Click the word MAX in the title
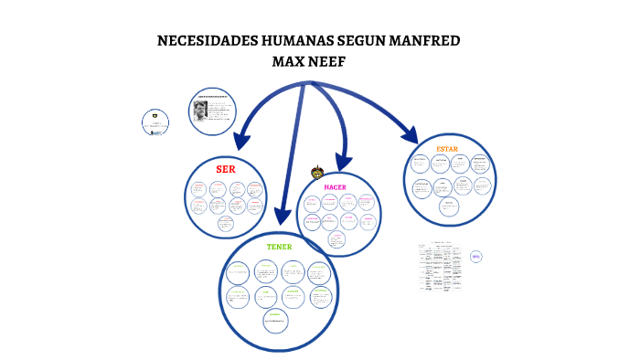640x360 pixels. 290,62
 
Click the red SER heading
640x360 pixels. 225,169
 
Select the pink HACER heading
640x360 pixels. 336,186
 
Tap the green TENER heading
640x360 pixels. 279,247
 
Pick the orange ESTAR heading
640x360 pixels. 447,148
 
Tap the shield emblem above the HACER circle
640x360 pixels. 317,172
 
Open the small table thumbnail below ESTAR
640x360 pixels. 440,267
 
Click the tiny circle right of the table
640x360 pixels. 476,258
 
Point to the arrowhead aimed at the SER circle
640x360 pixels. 240,142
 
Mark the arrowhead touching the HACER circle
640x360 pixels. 343,165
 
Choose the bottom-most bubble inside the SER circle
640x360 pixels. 225,223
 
